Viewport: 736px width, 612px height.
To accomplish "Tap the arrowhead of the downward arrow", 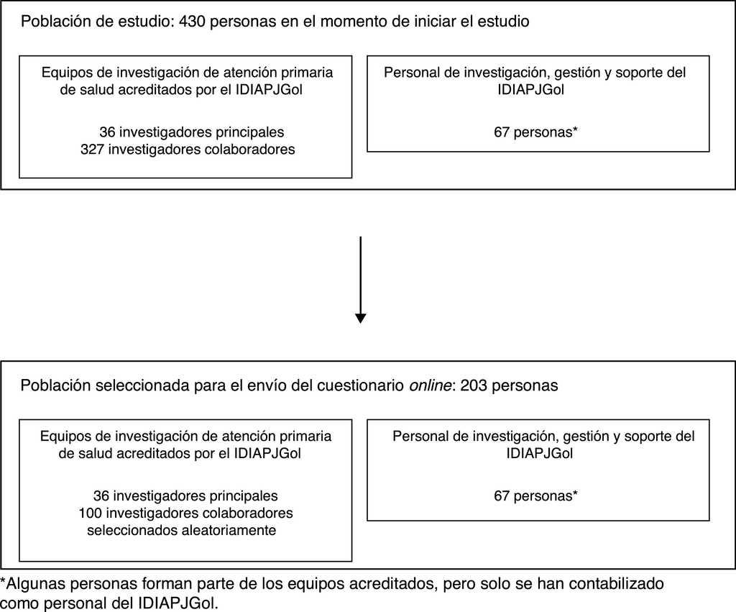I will click(360, 317).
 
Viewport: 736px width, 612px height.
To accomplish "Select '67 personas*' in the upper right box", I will click(536, 132).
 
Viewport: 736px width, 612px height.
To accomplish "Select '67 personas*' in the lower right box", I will click(536, 495).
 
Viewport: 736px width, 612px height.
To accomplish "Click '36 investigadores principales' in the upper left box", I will click(191, 132).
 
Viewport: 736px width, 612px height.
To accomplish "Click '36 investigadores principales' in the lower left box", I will click(185, 495).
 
